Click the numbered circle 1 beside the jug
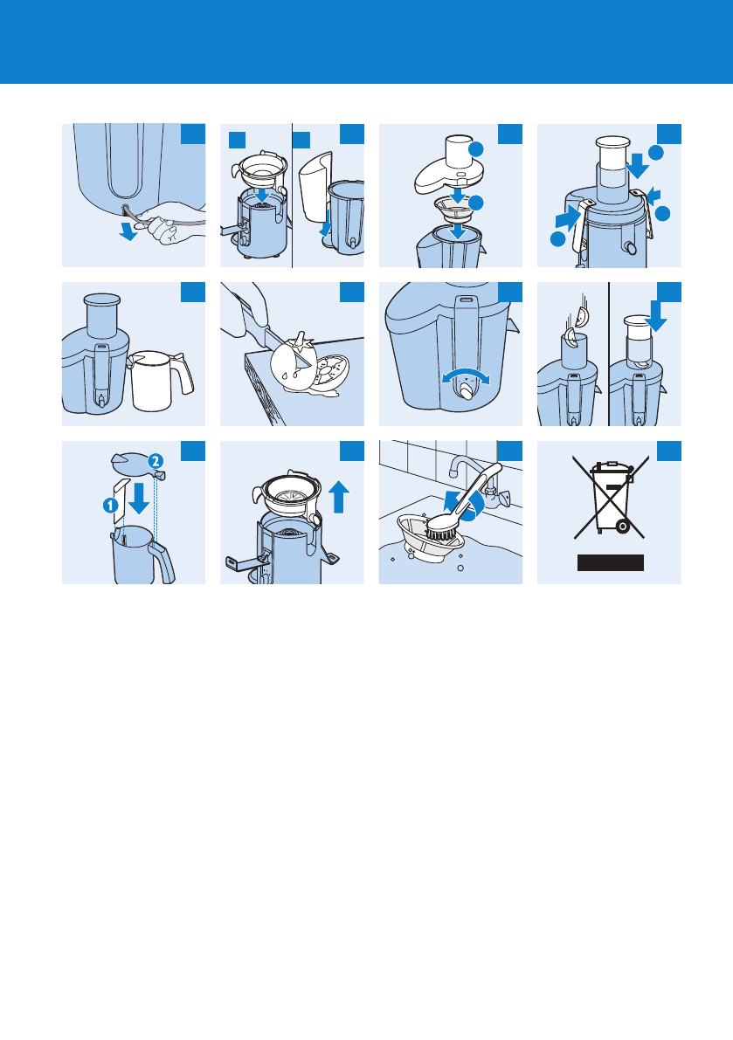[x=111, y=506]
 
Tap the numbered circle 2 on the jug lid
[x=155, y=460]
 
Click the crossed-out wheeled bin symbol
[x=611, y=497]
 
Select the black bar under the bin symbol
[x=611, y=562]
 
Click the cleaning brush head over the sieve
[x=439, y=529]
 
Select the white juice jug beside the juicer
[x=158, y=381]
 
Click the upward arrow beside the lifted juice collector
[x=339, y=497]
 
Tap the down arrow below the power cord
[x=128, y=231]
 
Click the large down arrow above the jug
[x=139, y=498]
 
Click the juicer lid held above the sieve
[x=447, y=169]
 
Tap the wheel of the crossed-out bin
[x=622, y=527]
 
